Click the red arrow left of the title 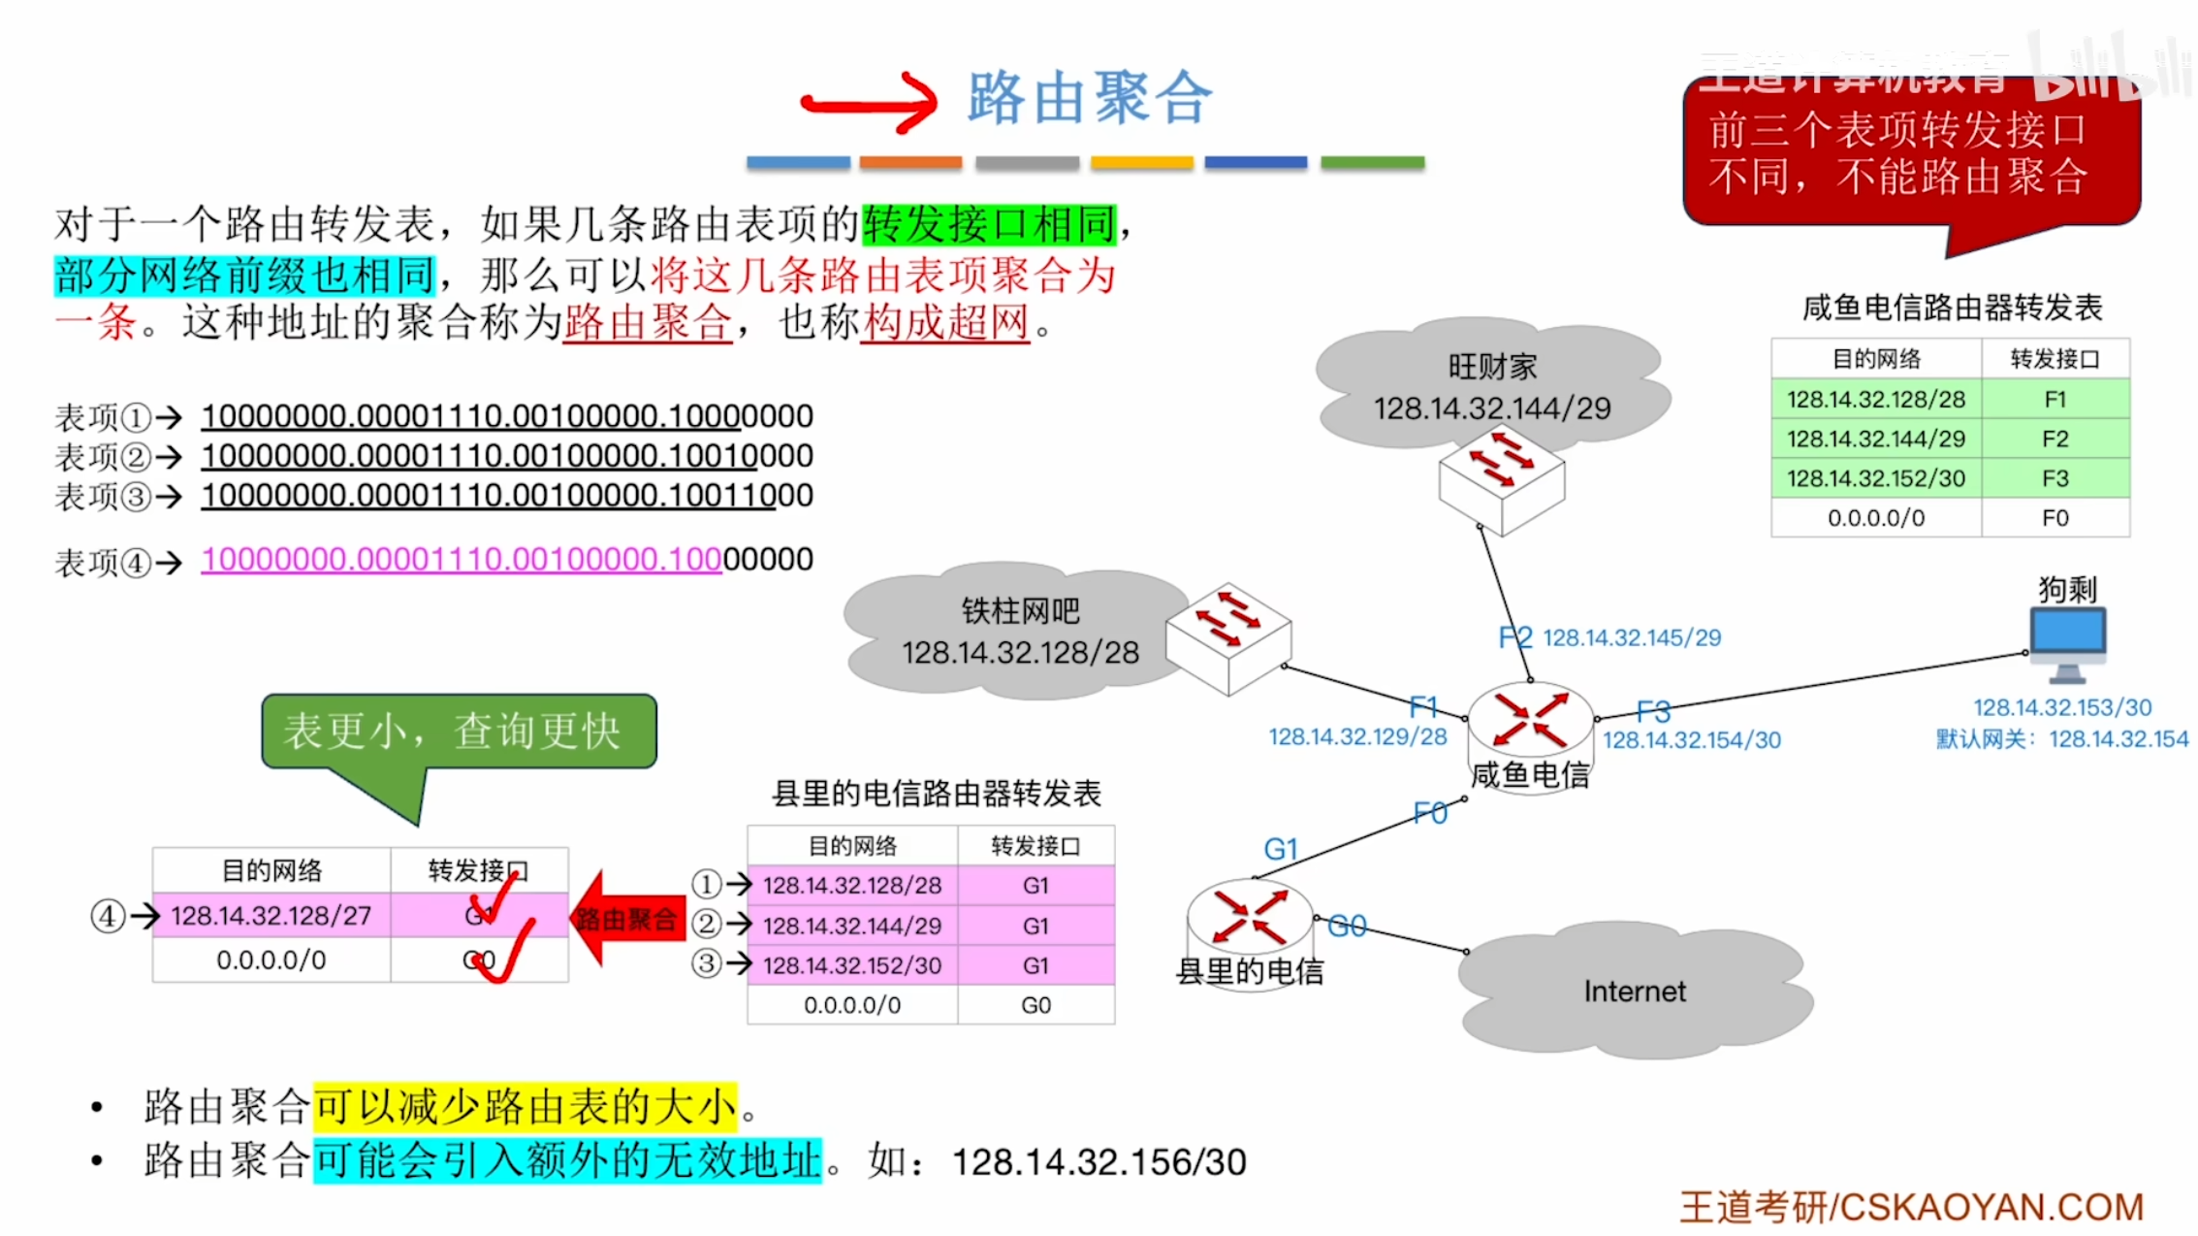(x=869, y=102)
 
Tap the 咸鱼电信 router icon (x=1530, y=720)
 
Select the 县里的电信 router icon (x=1250, y=916)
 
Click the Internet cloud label (x=1635, y=991)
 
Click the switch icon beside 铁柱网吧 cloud (x=1227, y=637)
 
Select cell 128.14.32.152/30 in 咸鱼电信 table (x=1875, y=478)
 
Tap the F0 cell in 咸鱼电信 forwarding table (x=2055, y=518)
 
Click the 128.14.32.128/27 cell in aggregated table (x=271, y=916)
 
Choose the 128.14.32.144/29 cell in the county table (x=851, y=926)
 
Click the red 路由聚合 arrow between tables (x=627, y=919)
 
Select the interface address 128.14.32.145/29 (x=1631, y=637)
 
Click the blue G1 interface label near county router (x=1280, y=849)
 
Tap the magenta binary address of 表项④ (x=462, y=560)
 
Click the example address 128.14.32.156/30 (x=1099, y=1161)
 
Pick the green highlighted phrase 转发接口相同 (x=989, y=224)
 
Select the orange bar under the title (x=910, y=163)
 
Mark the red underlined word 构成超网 (x=945, y=322)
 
